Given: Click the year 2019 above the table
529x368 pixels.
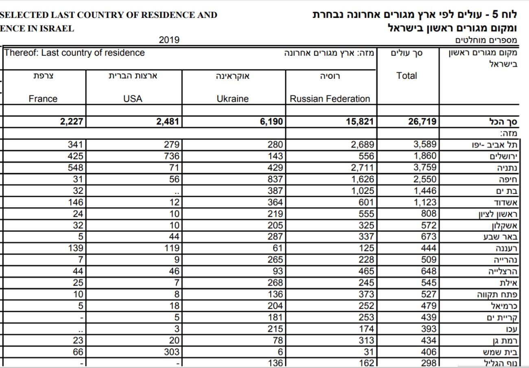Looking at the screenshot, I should [x=168, y=40].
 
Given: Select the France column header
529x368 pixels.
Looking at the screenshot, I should [x=43, y=99].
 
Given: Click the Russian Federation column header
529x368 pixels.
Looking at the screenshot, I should [x=330, y=99].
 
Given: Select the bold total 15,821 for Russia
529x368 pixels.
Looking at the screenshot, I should [x=358, y=121].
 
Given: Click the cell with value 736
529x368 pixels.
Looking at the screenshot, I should [x=171, y=156].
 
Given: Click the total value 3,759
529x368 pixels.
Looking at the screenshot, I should [x=424, y=167].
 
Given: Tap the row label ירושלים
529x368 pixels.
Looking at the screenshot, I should [x=503, y=156].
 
